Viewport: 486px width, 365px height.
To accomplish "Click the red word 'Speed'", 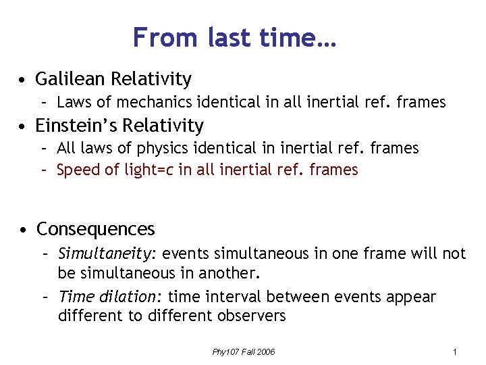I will pyautogui.click(x=79, y=170).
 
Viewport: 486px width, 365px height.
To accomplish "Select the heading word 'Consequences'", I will pyautogui.click(x=95, y=230).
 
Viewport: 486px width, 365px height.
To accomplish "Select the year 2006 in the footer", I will pyautogui.click(x=265, y=352).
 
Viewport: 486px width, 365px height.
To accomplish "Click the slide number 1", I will pyautogui.click(x=456, y=352).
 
